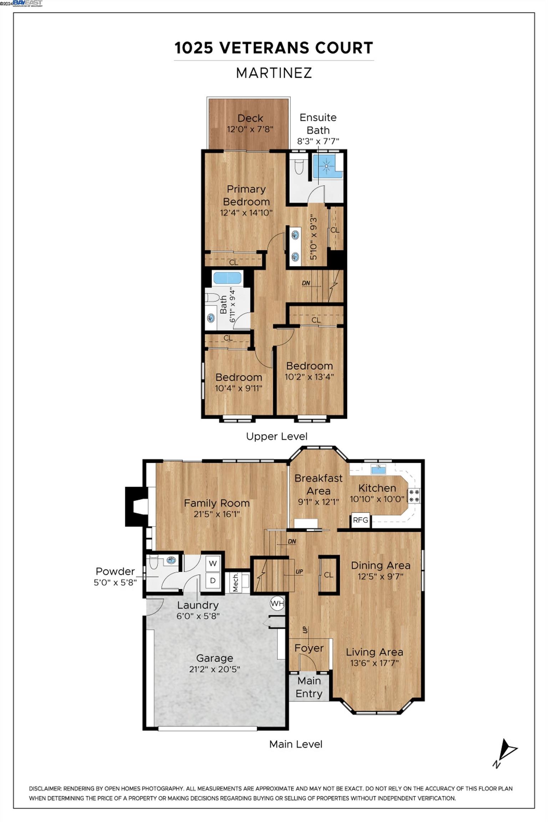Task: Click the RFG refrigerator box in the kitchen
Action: (360, 520)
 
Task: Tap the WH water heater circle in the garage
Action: (277, 604)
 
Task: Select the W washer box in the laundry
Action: (213, 564)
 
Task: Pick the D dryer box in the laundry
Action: (213, 580)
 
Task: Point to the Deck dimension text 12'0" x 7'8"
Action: (250, 129)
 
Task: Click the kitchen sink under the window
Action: (379, 470)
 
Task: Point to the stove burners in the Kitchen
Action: (414, 496)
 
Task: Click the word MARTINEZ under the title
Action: (274, 73)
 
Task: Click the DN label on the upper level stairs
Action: (306, 283)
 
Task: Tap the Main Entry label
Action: (309, 687)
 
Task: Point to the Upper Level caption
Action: (276, 436)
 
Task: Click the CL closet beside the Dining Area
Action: (328, 575)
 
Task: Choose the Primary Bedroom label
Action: (246, 195)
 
